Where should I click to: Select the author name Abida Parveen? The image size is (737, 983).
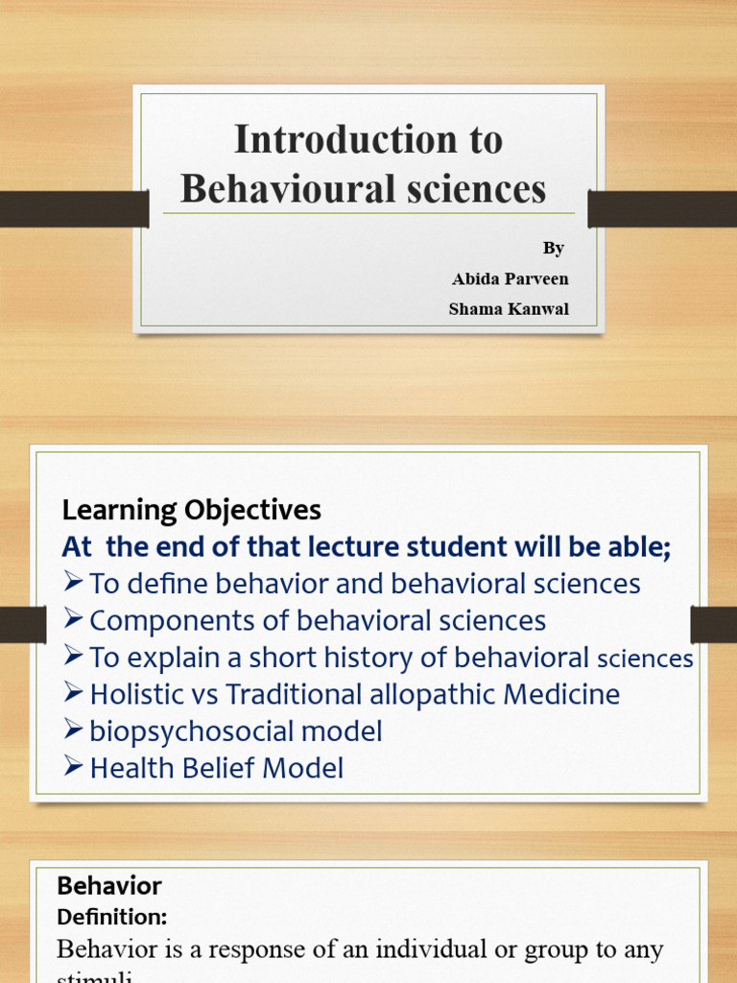(510, 278)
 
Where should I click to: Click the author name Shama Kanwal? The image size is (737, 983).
(509, 309)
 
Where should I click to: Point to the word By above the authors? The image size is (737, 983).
(554, 248)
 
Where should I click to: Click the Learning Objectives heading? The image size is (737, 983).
(192, 510)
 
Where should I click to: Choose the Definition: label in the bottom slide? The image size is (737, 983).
(111, 918)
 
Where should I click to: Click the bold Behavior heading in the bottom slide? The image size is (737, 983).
(109, 886)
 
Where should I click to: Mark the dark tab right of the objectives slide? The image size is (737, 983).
(713, 625)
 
